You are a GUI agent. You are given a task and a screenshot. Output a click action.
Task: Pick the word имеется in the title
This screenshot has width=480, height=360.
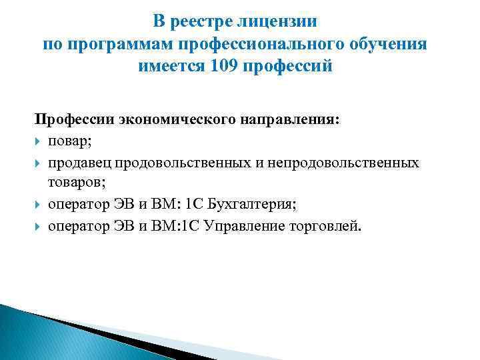171,67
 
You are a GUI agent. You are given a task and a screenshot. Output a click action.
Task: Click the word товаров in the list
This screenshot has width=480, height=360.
74,183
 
